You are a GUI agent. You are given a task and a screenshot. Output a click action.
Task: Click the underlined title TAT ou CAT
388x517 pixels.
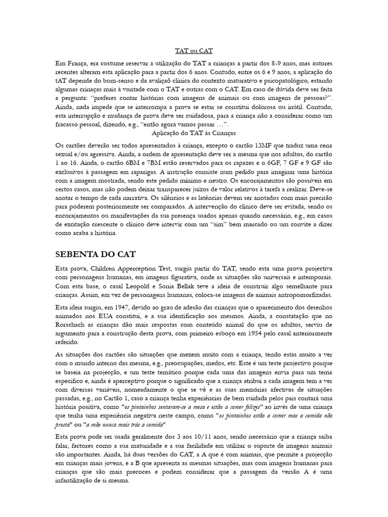[x=193, y=50]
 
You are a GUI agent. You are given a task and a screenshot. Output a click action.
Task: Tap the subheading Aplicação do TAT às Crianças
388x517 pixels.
[x=193, y=133]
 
